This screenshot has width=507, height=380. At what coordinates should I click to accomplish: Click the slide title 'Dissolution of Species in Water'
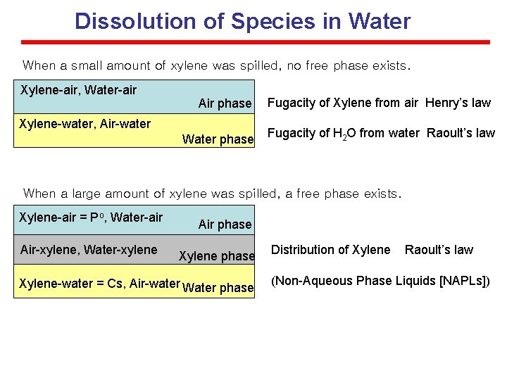(242, 21)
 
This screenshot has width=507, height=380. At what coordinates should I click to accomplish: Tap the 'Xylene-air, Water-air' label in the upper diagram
(79, 89)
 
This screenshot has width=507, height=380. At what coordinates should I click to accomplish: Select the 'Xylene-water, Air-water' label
(85, 124)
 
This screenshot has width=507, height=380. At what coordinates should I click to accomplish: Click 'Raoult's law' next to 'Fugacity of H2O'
(461, 132)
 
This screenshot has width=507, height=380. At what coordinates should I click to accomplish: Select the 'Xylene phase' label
(216, 256)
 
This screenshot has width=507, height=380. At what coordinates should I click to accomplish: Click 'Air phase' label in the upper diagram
(225, 103)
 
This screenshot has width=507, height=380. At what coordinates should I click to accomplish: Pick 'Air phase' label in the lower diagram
(225, 224)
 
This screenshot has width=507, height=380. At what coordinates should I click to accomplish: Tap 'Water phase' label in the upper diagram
(218, 139)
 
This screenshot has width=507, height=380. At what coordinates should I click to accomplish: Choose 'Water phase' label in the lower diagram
(218, 288)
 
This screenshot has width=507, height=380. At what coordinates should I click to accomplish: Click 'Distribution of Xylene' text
(330, 250)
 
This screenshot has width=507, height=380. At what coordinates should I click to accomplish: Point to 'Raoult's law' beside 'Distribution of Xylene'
(439, 250)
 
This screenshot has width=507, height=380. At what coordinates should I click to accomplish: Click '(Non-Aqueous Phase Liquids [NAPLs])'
(380, 281)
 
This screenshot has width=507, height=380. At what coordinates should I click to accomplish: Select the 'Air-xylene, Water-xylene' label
(89, 250)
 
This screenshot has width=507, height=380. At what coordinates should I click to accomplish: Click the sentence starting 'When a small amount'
(215, 66)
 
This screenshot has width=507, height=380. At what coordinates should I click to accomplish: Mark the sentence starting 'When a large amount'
(212, 194)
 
